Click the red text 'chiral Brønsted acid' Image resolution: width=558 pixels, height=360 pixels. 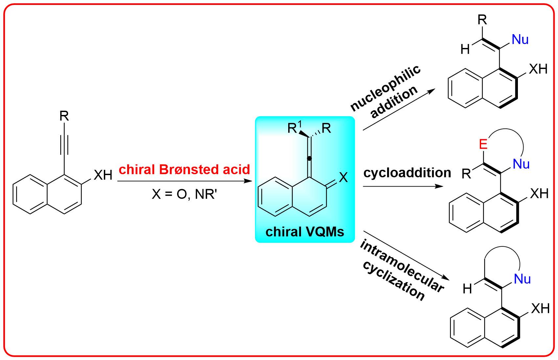coord(184,169)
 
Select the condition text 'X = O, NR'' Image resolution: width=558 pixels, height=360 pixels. coord(184,194)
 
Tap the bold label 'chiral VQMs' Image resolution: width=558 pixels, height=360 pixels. coord(305,232)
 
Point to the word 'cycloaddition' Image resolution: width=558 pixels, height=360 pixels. coord(407,173)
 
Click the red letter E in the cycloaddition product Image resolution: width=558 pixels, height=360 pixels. coord(483,145)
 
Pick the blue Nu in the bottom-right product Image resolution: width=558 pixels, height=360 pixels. coord(522,279)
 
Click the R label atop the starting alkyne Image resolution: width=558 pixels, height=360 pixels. coord(64,116)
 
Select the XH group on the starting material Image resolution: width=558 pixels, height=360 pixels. coord(103,175)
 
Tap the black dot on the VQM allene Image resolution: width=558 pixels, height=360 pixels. coord(309,159)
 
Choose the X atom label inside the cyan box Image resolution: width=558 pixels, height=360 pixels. coord(343,178)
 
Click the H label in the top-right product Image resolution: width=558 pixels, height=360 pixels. coord(465,49)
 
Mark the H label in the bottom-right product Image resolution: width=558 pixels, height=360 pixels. coord(467,289)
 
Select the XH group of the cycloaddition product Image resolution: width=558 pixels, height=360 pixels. coord(539,193)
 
